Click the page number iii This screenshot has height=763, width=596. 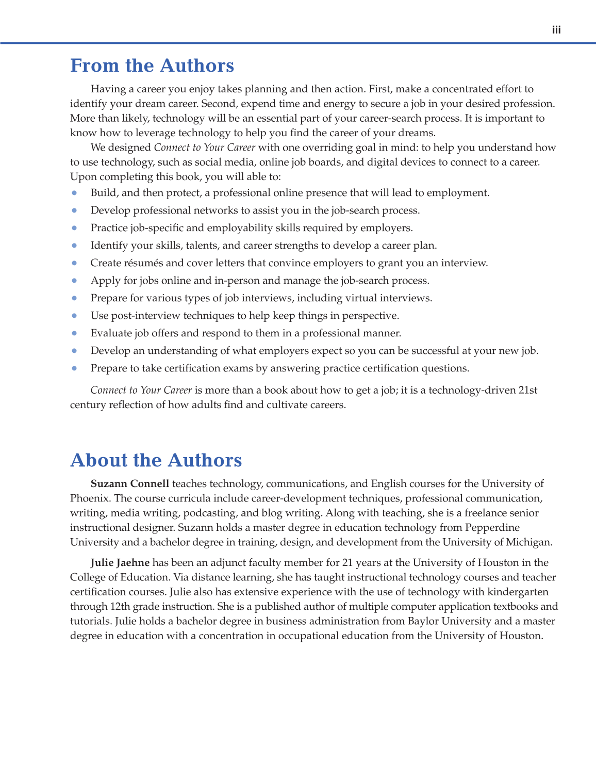tap(556, 30)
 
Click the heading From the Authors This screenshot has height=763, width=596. tap(152, 66)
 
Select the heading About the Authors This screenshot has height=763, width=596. tap(156, 460)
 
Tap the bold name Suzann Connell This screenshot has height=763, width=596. tap(130, 484)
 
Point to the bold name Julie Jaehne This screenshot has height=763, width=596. tap(120, 563)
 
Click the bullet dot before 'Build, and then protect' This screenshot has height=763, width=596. tap(75, 193)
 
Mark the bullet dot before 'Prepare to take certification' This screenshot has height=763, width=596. tap(75, 368)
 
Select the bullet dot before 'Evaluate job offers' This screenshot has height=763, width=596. tap(75, 333)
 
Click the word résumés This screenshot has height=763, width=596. tap(144, 263)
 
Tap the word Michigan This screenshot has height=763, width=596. tap(531, 542)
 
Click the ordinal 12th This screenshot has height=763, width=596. tap(123, 607)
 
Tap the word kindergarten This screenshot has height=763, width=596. tap(518, 592)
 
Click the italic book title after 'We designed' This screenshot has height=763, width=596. tap(204, 148)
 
